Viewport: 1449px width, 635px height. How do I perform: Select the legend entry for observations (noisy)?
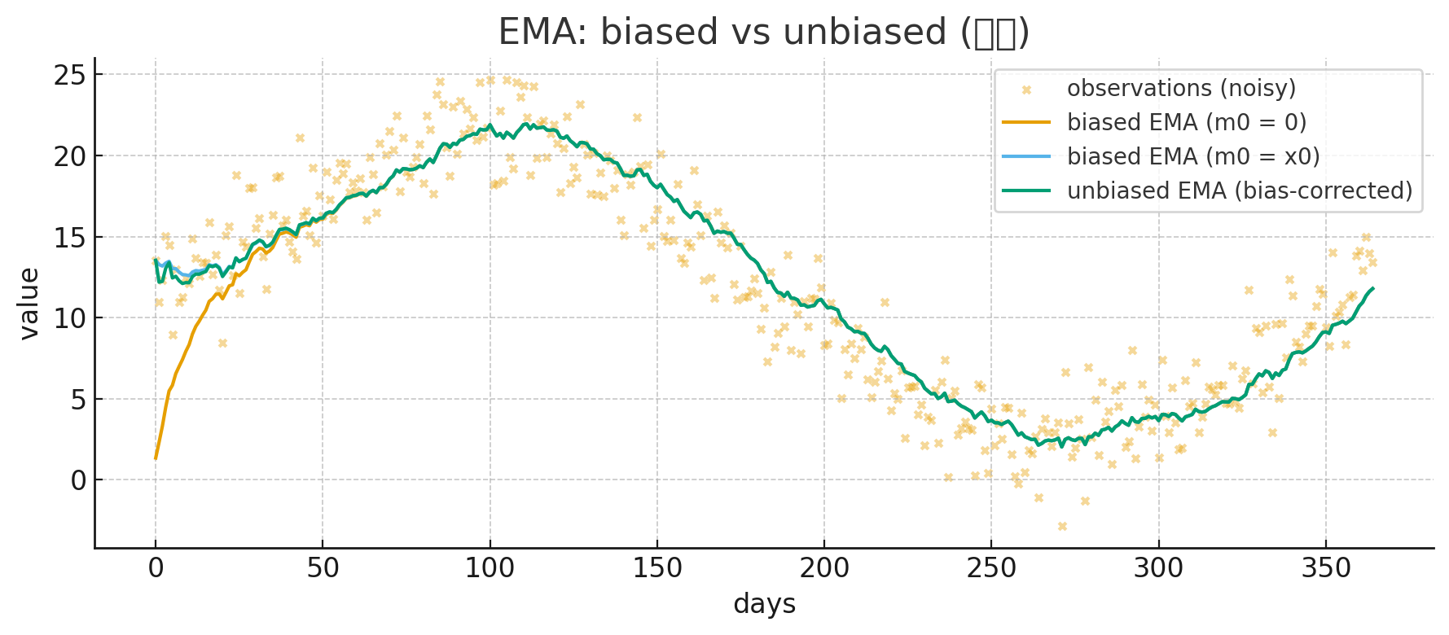[x=1180, y=88]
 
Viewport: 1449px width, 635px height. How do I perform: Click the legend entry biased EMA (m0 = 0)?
[x=1186, y=122]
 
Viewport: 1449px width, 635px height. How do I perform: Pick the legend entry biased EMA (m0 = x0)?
[x=1192, y=156]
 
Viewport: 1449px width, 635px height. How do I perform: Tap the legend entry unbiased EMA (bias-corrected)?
[x=1239, y=190]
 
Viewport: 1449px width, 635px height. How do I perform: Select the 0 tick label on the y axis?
[x=78, y=480]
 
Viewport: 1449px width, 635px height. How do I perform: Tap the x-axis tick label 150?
[x=657, y=568]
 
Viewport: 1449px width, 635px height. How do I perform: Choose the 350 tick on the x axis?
[x=1325, y=568]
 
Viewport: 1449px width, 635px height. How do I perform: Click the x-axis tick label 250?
[x=991, y=568]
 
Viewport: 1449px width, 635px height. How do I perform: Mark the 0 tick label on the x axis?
[x=156, y=568]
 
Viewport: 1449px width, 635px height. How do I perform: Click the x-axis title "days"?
[x=764, y=604]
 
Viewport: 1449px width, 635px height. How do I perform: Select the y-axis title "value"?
[x=29, y=303]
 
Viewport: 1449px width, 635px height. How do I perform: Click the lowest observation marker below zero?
[x=1062, y=527]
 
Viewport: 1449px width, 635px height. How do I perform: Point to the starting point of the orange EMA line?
[x=156, y=458]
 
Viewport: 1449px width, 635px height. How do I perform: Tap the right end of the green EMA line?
[x=1372, y=288]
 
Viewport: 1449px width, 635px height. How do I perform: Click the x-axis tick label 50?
[x=323, y=568]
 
